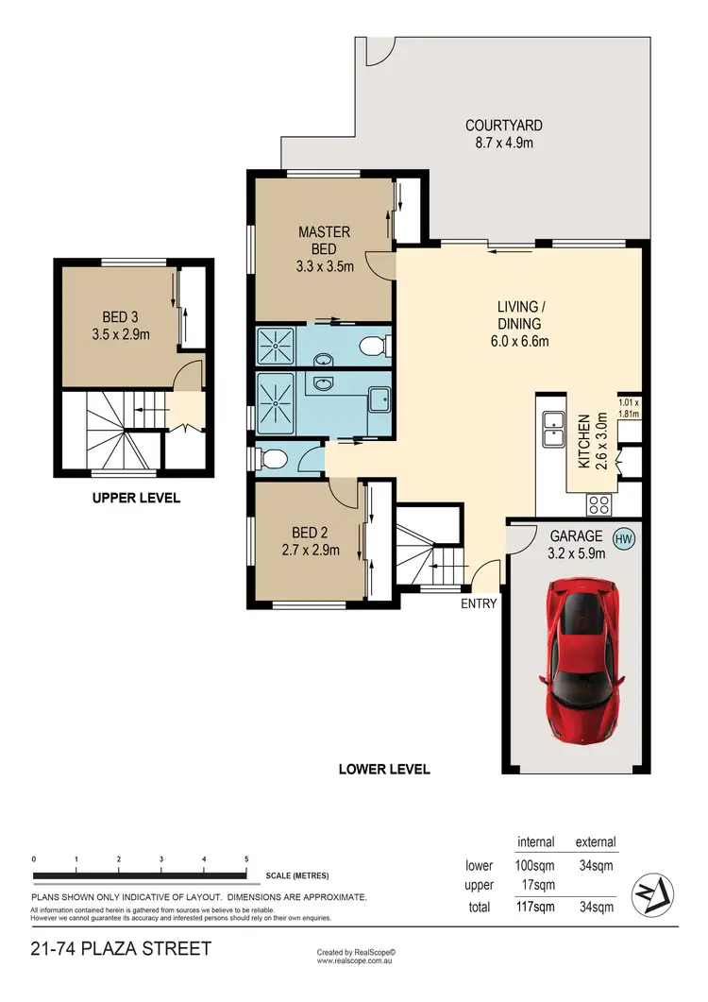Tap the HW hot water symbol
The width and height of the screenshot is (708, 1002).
click(622, 539)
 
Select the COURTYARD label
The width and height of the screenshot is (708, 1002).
click(503, 125)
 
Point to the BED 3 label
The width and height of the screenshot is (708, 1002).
click(122, 317)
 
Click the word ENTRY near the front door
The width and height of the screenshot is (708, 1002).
click(480, 603)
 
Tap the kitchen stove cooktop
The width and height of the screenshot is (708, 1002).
click(598, 504)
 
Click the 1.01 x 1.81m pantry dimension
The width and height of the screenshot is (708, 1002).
click(629, 406)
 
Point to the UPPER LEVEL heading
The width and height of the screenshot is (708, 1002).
click(136, 498)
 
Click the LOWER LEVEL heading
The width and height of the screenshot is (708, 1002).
click(384, 769)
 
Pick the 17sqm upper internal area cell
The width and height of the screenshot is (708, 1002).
click(536, 885)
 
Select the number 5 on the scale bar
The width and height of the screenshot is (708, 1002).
click(246, 858)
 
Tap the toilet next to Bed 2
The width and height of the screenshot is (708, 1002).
click(274, 459)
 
